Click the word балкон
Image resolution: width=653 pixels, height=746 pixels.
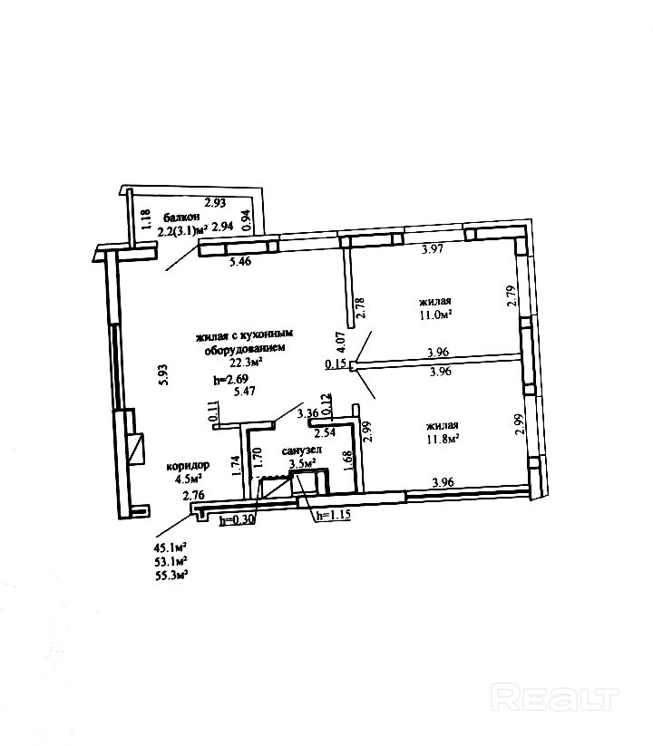[x=181, y=218]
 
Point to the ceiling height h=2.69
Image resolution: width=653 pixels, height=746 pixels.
[x=229, y=378]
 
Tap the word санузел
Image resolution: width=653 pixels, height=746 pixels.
[x=299, y=450]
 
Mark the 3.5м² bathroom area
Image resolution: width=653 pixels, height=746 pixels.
[x=301, y=463]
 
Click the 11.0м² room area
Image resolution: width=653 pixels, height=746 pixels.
[x=435, y=315]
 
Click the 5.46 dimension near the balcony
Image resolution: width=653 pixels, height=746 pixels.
[x=239, y=262]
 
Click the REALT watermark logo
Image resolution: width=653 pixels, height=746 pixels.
[x=553, y=697]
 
